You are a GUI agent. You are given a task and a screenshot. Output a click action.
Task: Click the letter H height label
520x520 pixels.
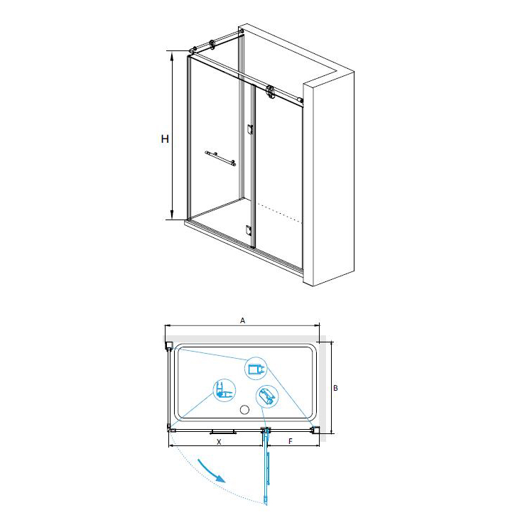click(165, 139)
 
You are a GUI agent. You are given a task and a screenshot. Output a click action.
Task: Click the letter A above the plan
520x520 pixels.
click(243, 320)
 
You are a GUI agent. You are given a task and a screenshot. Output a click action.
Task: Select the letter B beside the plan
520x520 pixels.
click(335, 388)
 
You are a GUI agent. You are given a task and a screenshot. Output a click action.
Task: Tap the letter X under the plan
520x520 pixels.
click(219, 442)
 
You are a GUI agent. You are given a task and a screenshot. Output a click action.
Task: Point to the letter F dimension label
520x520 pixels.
click(291, 441)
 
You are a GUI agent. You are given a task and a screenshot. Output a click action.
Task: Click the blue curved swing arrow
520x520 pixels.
click(212, 470)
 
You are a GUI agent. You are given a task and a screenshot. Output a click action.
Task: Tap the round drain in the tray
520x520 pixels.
click(244, 410)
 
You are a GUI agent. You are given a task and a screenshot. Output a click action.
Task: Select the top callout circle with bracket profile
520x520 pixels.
click(256, 369)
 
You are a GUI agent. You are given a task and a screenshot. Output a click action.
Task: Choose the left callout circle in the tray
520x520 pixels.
click(224, 390)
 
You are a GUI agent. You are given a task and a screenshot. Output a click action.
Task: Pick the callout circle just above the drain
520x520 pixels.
click(267, 396)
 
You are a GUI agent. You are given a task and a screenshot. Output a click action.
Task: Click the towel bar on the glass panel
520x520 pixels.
click(220, 158)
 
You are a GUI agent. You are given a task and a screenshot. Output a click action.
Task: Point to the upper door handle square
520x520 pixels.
click(250, 129)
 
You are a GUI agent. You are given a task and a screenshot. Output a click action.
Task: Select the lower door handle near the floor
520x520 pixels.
click(249, 229)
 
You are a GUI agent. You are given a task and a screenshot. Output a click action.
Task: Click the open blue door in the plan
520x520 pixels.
click(266, 467)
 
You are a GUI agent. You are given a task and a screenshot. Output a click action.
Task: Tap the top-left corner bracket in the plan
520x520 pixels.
click(169, 345)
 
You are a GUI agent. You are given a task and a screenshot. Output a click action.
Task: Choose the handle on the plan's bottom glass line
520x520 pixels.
click(223, 432)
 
